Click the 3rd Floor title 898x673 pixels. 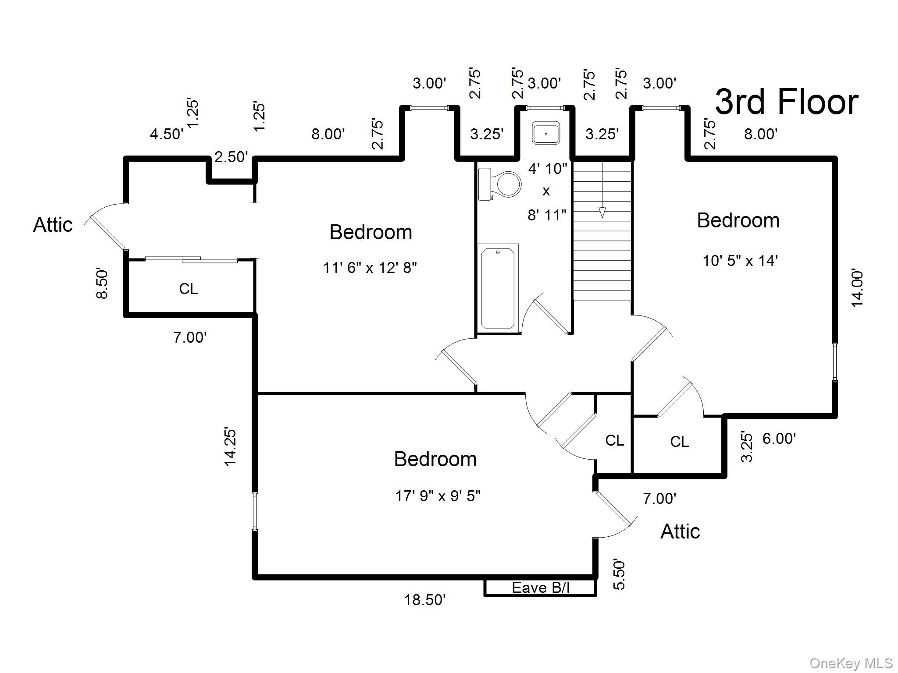(786, 102)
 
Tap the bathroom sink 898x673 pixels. (546, 133)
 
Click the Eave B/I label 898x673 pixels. (540, 588)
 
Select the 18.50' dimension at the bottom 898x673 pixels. (424, 600)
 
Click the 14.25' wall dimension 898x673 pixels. (230, 446)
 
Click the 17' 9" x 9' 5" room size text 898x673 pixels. (438, 496)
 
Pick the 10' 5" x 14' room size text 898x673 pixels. (740, 261)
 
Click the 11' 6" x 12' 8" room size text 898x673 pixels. (370, 267)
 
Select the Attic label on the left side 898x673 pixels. (53, 225)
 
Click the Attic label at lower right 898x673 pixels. (680, 531)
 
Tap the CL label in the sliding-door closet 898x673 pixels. (189, 288)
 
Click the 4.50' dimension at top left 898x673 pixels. (167, 134)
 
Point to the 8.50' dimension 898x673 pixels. (102, 283)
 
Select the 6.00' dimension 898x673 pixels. (779, 439)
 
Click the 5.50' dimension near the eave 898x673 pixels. (619, 574)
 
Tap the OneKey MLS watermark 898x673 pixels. (851, 663)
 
